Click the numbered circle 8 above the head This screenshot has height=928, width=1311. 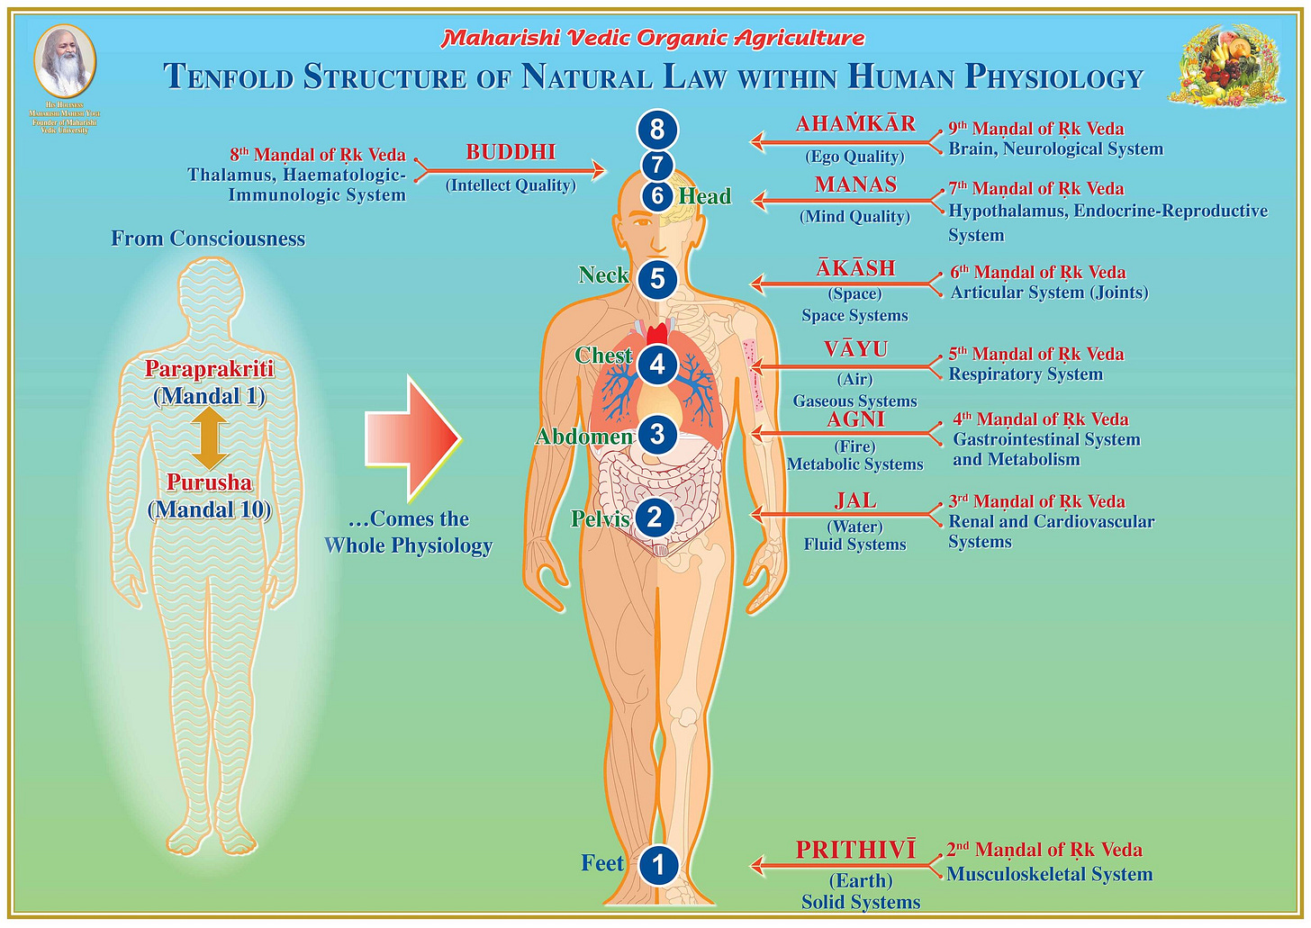click(x=657, y=130)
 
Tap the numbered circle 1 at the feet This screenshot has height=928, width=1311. click(x=658, y=865)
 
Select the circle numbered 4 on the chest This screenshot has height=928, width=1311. click(x=657, y=365)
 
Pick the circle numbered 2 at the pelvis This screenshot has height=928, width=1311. click(x=655, y=518)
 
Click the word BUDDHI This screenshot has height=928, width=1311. click(x=511, y=153)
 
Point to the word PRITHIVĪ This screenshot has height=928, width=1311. click(x=855, y=850)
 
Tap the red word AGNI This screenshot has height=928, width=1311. click(x=855, y=419)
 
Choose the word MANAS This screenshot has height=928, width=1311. click(x=855, y=185)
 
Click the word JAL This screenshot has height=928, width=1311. click(x=855, y=500)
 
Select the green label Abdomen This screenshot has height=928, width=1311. click(x=584, y=437)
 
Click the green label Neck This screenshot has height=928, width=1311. click(x=603, y=275)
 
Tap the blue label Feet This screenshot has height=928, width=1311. click(x=602, y=863)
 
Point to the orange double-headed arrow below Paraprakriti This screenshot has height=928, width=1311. click(x=209, y=438)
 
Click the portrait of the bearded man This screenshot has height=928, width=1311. click(x=65, y=62)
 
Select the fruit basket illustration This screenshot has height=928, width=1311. click(x=1227, y=65)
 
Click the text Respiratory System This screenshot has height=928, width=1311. click(x=1026, y=374)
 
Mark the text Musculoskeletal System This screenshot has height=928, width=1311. click(x=1049, y=874)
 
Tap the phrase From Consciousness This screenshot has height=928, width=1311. click(x=208, y=239)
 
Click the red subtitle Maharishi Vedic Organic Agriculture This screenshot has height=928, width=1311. click(x=653, y=39)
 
